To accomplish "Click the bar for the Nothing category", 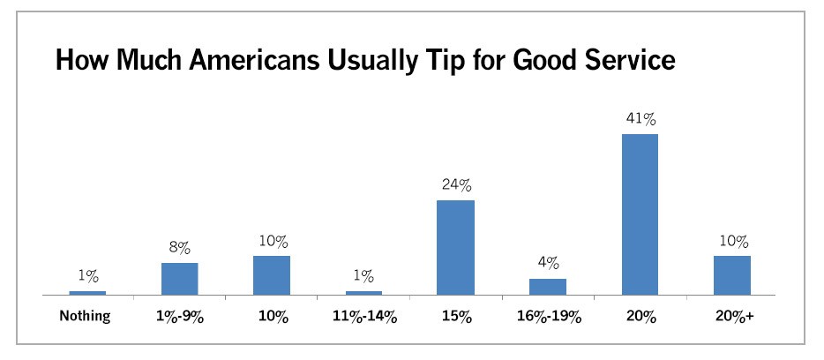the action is pos(87,293).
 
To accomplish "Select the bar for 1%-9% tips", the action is pos(180,279).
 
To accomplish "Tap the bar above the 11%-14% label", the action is pos(363,293).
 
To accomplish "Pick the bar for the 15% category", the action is pos(455,248).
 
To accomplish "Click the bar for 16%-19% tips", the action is pos(548,287).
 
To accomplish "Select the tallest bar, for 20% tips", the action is pos(640,214).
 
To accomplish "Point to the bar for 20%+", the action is pos(732,275).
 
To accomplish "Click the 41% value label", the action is pos(640,119).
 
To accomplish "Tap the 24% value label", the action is pos(455,185).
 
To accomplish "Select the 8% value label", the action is pos(180,248).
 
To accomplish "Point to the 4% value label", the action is pos(548,264).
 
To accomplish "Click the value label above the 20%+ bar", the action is pos(732,241).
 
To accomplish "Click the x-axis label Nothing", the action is pos(85,317).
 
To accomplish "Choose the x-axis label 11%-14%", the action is pos(363,318).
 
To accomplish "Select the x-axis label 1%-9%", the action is pos(179,318).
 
